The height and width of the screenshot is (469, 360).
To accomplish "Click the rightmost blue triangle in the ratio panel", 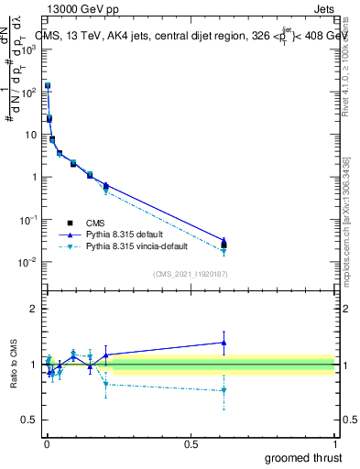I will click(x=224, y=343).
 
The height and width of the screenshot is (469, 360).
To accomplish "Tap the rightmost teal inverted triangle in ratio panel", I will click(x=224, y=390).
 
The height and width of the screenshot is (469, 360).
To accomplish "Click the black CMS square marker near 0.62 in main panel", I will click(x=224, y=245).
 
